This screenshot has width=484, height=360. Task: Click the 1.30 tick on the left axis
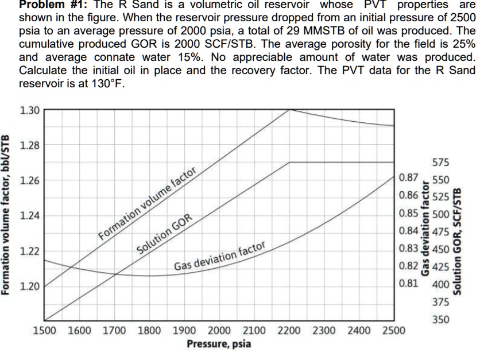coord(29,110)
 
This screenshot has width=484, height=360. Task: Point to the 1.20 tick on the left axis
coord(29,286)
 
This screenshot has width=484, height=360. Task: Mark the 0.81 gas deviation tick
coord(408,282)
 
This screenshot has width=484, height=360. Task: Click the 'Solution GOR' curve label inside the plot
coord(164,235)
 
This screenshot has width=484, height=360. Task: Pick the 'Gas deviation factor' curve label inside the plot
coord(220,256)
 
